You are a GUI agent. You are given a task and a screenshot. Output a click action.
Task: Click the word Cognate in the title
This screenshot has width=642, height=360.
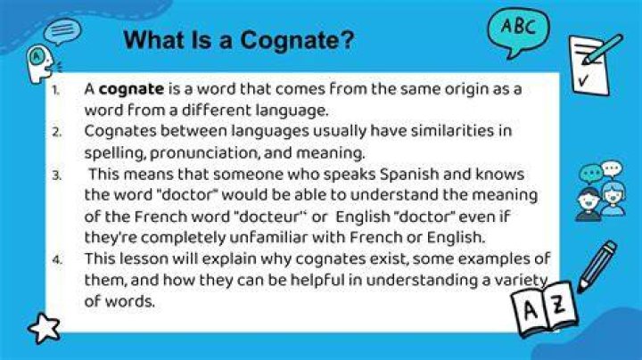point(297,40)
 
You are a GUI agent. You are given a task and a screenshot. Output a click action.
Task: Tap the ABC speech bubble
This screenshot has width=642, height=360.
point(518,31)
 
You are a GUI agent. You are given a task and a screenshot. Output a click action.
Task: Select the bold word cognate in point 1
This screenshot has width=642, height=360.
point(131,90)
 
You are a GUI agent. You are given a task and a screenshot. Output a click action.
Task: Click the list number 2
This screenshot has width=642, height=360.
point(57,132)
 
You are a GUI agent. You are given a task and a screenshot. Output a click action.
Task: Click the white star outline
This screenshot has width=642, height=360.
point(44,328)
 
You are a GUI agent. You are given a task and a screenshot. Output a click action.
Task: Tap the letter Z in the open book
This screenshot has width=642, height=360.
point(558,304)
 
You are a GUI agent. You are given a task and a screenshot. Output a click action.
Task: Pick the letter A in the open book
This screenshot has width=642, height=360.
point(531,311)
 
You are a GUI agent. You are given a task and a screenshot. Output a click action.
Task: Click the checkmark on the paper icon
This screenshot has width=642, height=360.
point(584,80)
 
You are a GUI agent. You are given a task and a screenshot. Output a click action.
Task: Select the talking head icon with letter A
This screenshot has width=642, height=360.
point(41,62)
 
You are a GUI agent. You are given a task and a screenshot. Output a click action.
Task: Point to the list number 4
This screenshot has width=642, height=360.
point(57,260)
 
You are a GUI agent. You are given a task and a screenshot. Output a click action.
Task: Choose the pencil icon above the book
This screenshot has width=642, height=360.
point(597,266)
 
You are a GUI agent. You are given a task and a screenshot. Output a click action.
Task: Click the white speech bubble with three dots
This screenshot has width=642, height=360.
point(612,168)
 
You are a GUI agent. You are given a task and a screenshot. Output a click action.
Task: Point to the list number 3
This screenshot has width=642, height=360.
point(57,176)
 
